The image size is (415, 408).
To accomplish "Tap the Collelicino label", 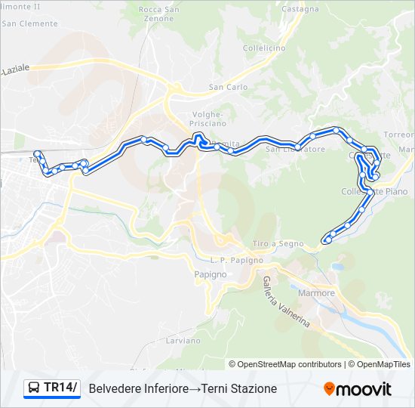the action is (x=264, y=48).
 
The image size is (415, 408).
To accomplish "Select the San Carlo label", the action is (x=228, y=88).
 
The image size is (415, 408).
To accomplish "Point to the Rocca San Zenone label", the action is (x=159, y=13).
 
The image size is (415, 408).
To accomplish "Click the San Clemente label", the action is (x=29, y=23).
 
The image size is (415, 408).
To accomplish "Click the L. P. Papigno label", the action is (x=238, y=260).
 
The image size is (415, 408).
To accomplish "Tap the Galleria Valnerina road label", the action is (x=286, y=300).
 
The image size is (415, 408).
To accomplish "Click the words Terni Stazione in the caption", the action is (x=244, y=388).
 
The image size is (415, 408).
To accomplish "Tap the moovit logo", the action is (x=358, y=388).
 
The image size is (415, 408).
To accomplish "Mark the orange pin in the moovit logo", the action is (x=329, y=389).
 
